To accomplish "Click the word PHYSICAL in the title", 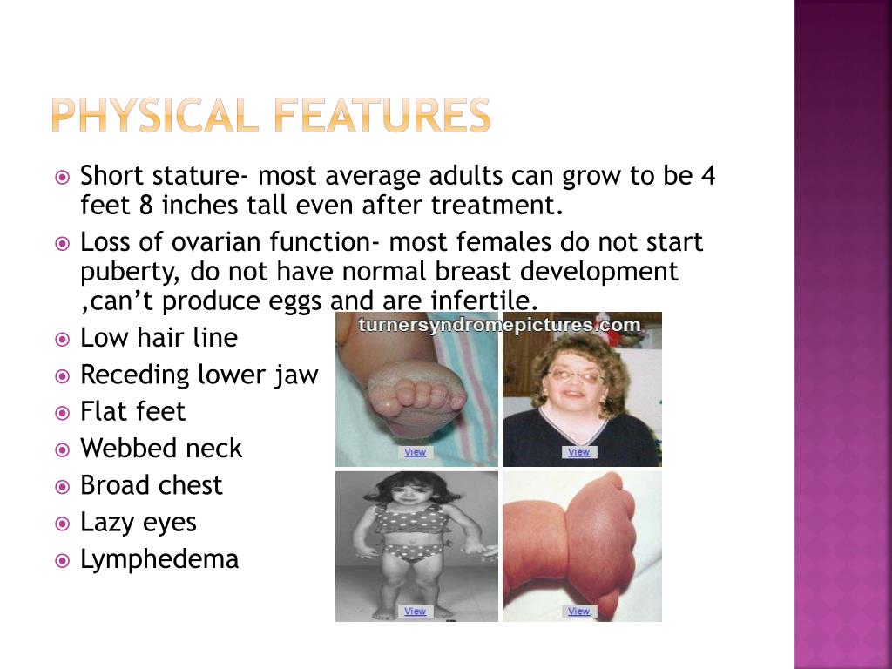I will pos(153,116).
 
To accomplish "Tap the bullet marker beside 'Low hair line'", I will pos(62,339).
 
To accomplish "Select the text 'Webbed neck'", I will pos(161,449).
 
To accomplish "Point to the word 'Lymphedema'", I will pos(159,559).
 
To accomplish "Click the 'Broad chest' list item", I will pos(152,485).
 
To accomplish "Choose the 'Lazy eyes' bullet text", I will pos(139,523).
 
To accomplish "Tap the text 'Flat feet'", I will pos(133,411).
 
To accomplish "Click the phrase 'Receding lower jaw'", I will pos(199,375).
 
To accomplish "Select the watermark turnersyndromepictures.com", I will pos(500,325).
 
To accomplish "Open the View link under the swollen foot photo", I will pos(416,452).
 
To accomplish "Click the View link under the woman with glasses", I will pos(578,452).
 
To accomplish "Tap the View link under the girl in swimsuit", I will pos(416,612).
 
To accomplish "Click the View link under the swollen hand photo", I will pos(578,612).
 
